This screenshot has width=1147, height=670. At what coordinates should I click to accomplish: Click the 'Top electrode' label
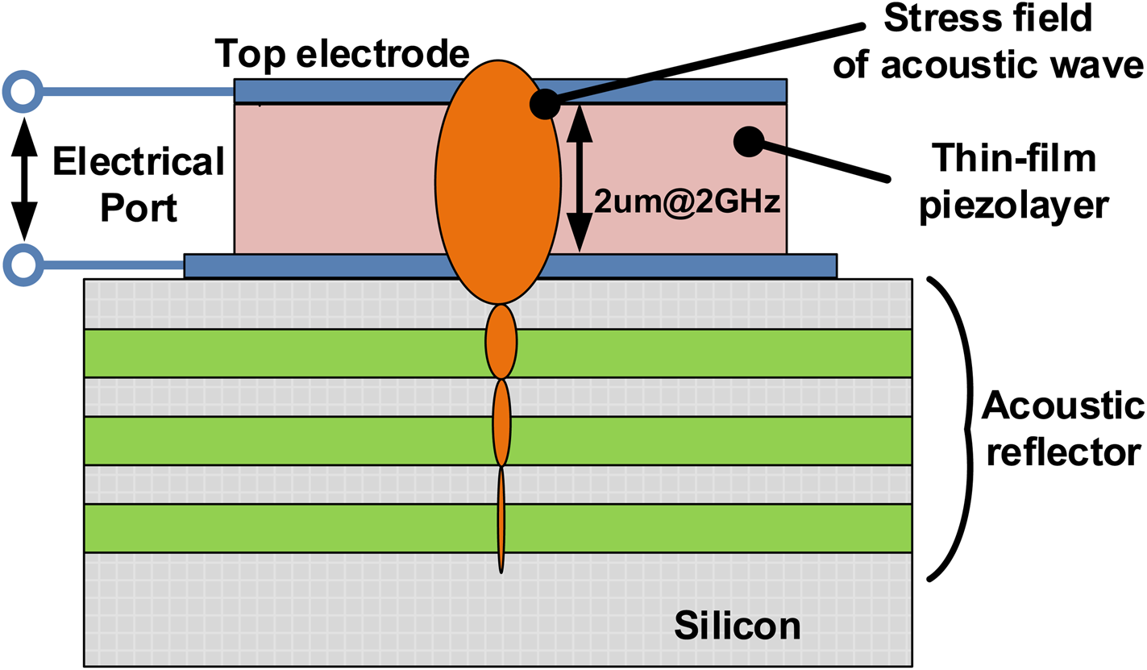(342, 55)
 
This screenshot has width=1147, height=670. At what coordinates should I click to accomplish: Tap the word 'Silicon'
(738, 625)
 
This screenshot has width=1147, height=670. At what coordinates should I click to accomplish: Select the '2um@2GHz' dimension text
(687, 202)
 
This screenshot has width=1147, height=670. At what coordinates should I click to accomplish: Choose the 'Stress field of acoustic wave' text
(988, 41)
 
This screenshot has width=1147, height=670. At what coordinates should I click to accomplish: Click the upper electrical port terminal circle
(22, 93)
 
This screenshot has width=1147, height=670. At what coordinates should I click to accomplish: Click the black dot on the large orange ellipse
(545, 104)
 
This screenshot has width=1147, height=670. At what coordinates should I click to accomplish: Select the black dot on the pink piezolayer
(748, 142)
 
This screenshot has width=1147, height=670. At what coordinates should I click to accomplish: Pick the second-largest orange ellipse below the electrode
(501, 341)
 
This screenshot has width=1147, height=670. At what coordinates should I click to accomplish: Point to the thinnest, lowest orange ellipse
(501, 520)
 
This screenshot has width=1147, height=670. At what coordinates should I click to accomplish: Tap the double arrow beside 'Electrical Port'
(24, 178)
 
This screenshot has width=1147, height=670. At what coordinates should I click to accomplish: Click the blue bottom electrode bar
(322, 266)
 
